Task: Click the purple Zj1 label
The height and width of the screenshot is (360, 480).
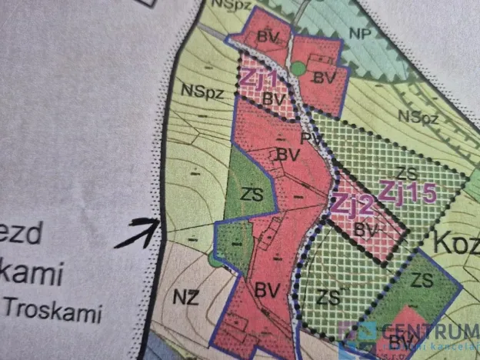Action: (258, 77)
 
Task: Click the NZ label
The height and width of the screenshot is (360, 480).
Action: (185, 296)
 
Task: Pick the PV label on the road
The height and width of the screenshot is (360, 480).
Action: (310, 139)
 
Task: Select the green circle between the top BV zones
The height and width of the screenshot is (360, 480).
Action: (298, 71)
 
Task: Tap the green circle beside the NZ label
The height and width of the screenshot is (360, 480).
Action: (214, 260)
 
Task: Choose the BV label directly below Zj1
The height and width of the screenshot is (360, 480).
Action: (269, 98)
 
